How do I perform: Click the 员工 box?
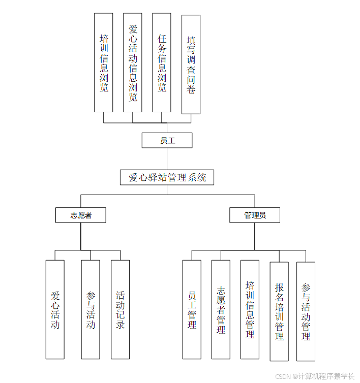(x=167, y=140)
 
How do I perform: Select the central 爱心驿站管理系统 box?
(x=167, y=177)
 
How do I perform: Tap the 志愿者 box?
(x=80, y=215)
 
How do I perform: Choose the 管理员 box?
(x=255, y=215)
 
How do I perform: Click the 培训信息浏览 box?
(x=104, y=62)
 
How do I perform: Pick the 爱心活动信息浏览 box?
(x=133, y=62)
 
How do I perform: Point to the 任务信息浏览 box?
(x=162, y=62)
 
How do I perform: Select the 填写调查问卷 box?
(x=191, y=64)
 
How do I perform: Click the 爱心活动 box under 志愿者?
(x=55, y=309)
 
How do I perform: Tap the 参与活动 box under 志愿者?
(x=91, y=309)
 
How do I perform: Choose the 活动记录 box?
(x=120, y=309)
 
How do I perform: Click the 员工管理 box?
(x=192, y=309)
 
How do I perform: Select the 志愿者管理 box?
(x=221, y=309)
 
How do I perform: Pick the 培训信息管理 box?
(x=250, y=309)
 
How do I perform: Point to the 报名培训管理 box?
(x=279, y=311)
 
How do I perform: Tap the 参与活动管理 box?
(x=306, y=311)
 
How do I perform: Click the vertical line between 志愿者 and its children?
(x=80, y=236)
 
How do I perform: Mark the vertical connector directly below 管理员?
(x=255, y=236)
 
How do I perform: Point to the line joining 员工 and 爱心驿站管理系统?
(x=167, y=159)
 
